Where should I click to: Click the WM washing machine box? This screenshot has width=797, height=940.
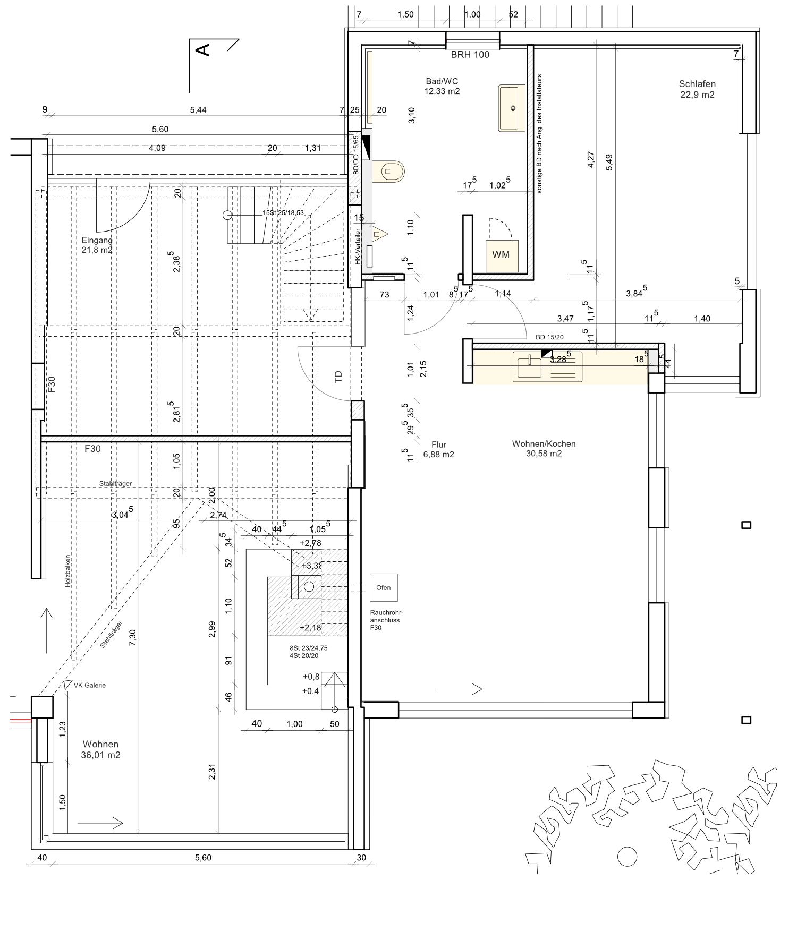[502, 256]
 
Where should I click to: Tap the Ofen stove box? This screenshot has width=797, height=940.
[383, 587]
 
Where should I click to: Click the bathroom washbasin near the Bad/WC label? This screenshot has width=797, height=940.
[512, 108]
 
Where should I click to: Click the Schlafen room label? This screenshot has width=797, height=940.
[697, 89]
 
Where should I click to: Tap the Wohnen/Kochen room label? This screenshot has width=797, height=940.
[544, 449]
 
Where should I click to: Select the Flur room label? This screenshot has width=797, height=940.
[438, 449]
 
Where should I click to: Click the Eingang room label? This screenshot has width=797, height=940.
[97, 245]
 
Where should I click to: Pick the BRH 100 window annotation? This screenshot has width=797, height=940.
[470, 55]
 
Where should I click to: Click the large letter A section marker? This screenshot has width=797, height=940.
[203, 50]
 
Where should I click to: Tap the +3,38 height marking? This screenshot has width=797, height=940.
[312, 566]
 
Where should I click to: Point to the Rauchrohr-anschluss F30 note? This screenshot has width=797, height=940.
[386, 620]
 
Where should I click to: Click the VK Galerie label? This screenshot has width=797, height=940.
[89, 685]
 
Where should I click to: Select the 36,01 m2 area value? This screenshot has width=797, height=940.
[100, 755]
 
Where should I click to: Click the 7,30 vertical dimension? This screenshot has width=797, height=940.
[133, 637]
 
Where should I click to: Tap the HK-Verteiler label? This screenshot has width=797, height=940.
[358, 247]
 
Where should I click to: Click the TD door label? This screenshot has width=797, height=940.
[338, 377]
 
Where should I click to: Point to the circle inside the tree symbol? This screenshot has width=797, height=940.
[627, 857]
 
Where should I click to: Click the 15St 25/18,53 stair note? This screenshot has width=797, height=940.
[283, 212]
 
